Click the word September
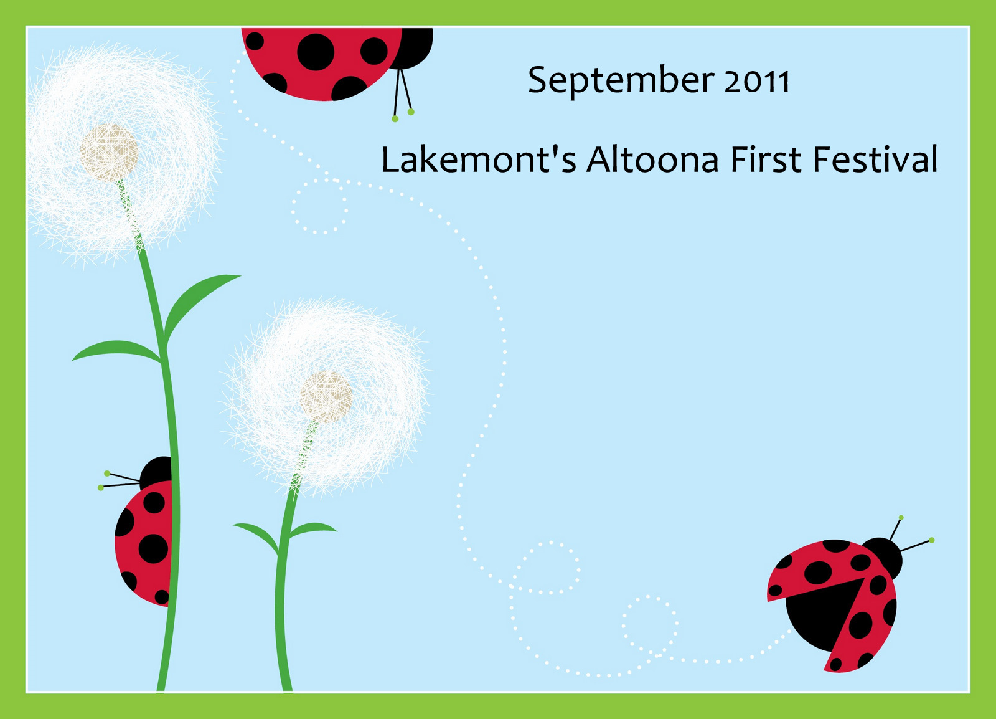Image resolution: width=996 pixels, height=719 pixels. click(621, 81)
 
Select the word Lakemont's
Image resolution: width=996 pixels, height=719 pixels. click(479, 160)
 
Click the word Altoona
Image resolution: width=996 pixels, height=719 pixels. click(652, 160)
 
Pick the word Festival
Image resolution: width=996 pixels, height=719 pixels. click(875, 160)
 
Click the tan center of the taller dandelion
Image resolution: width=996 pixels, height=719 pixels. click(109, 153)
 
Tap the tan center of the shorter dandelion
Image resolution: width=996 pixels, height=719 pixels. click(326, 398)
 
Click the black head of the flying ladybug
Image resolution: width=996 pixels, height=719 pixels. click(882, 558)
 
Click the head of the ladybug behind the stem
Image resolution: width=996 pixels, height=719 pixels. click(156, 474)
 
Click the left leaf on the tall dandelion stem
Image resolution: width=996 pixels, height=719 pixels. click(116, 351)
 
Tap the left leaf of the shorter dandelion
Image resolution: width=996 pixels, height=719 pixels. click(257, 537)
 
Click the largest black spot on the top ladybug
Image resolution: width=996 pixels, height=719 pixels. click(316, 52)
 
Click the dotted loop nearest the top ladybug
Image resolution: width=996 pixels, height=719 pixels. click(319, 206)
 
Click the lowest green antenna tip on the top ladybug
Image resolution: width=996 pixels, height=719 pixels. click(395, 119)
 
